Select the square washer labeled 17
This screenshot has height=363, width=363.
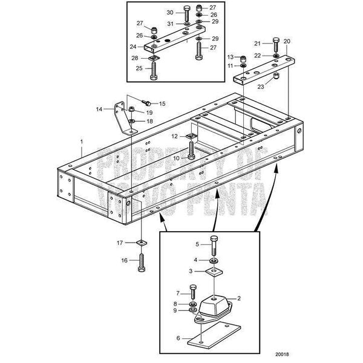(x=141, y=243)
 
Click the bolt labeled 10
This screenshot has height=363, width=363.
(x=192, y=150)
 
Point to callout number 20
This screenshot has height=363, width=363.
(x=287, y=41)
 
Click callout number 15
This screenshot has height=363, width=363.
(x=162, y=104)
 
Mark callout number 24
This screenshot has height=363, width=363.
(x=140, y=46)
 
